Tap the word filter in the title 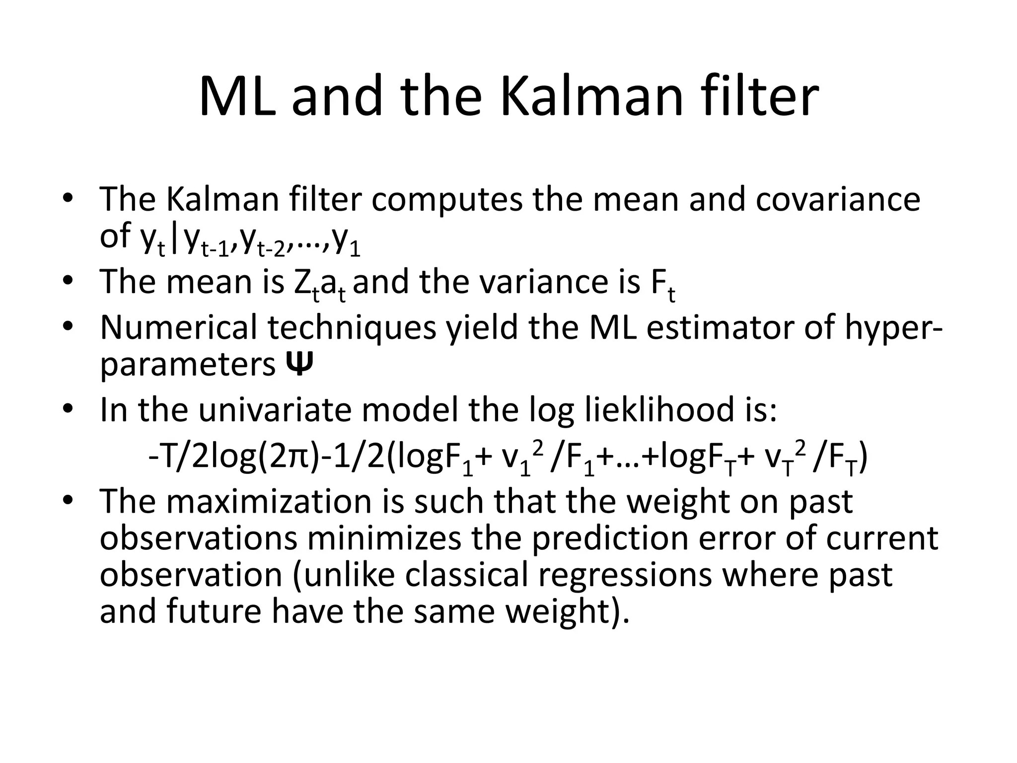coord(761,95)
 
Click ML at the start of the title coord(237,95)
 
